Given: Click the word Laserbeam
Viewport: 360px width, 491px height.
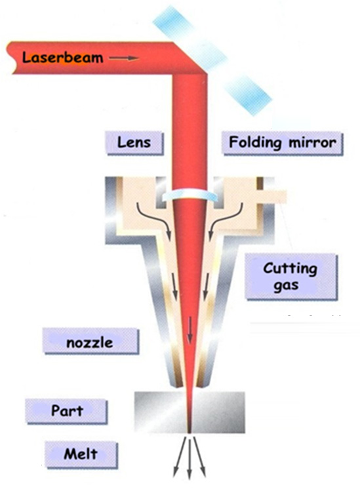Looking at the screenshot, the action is [63, 58].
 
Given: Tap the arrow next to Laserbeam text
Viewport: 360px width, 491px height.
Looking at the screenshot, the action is [124, 58].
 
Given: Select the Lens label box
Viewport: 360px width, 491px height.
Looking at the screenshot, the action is [134, 143].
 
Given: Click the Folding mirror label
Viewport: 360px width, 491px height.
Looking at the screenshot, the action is [283, 143].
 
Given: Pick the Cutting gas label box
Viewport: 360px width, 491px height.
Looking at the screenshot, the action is [291, 277].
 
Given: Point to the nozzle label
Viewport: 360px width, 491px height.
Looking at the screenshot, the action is [90, 342].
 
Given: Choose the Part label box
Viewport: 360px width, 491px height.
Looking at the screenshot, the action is [66, 411].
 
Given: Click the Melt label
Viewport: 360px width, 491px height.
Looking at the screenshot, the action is [81, 454].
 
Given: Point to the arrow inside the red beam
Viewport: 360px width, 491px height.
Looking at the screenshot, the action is [190, 330].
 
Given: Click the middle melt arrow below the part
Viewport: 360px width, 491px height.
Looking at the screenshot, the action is [190, 457].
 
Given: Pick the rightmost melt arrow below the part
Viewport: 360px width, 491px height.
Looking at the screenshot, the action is [199, 456].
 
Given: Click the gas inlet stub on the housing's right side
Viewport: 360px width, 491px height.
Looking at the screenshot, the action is [272, 197].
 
